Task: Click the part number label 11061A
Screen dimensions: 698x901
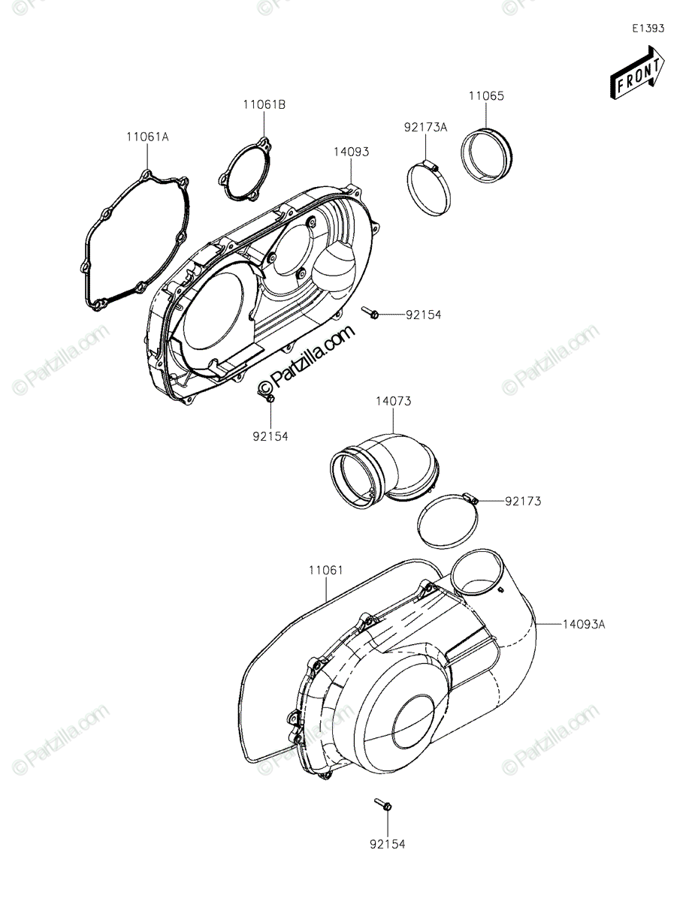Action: [x=147, y=137]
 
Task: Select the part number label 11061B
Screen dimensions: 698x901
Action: [x=263, y=104]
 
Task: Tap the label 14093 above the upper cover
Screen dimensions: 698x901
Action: [x=351, y=152]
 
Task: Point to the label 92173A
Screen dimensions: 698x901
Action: [x=426, y=128]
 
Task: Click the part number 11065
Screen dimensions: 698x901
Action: [x=486, y=97]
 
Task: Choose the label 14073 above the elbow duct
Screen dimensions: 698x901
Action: [x=393, y=402]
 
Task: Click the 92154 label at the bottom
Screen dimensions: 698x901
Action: [x=387, y=845]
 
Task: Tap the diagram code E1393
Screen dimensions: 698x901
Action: [x=648, y=29]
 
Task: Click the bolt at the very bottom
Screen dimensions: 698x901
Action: [x=383, y=806]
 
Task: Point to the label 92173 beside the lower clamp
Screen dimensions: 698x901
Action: [x=524, y=500]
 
